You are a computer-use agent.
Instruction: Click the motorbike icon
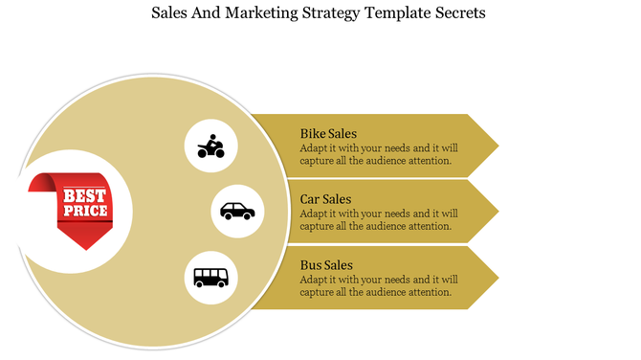[210, 146]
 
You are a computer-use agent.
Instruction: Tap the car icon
[237, 211]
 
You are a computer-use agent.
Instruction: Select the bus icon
[210, 278]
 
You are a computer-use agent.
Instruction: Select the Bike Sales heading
[328, 133]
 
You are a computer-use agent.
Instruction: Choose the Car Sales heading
[325, 199]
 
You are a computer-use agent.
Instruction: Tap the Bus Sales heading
[326, 264]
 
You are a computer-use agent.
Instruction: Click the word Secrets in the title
[457, 14]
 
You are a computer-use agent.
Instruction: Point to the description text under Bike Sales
[378, 154]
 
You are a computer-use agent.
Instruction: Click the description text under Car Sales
[378, 219]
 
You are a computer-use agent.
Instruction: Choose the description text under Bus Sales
[378, 285]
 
